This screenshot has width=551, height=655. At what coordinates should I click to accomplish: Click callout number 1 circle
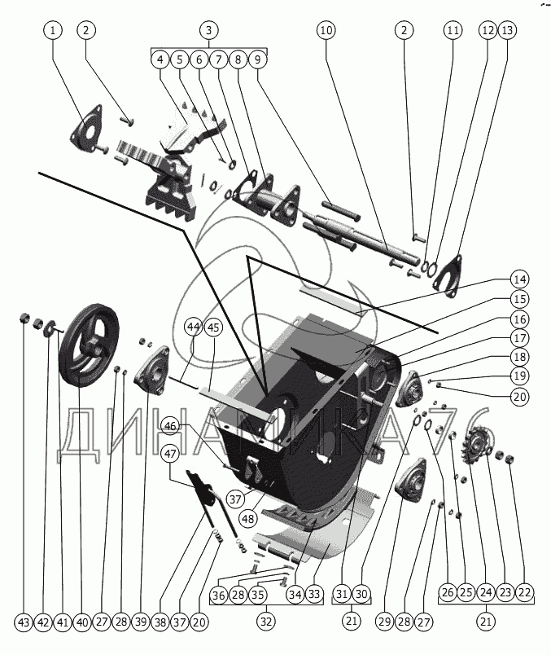pos(54,31)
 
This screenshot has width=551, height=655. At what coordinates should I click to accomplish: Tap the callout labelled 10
pos(326,31)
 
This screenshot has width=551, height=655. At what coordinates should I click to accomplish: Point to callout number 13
pos(507,31)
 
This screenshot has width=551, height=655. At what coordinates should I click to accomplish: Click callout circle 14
pos(519,278)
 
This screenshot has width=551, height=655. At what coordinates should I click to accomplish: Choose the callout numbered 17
pos(519,336)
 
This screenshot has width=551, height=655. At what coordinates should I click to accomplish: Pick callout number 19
pos(519,376)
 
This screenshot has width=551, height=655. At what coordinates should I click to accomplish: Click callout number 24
pos(486,594)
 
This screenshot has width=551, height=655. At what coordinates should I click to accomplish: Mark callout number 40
pos(81,622)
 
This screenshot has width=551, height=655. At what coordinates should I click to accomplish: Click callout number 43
pos(23,622)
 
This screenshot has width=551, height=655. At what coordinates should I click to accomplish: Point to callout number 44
pos(192,327)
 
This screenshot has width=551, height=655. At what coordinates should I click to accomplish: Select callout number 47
pos(169,454)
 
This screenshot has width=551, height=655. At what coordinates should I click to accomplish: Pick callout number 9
pos(257,59)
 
